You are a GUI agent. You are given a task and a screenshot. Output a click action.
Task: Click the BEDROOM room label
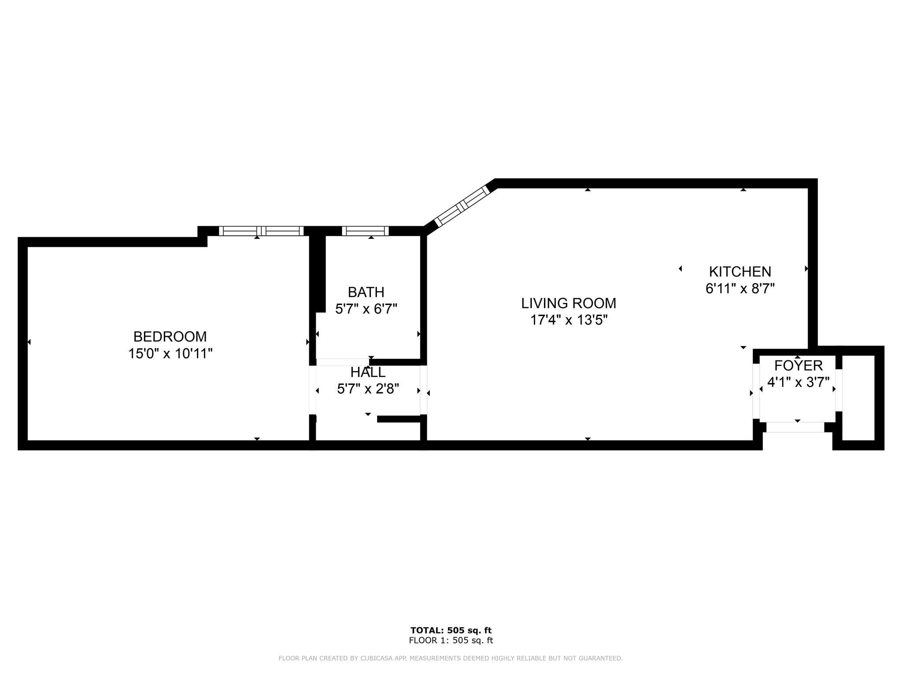click(170, 337)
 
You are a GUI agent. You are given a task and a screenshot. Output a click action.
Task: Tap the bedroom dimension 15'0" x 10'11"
click(170, 353)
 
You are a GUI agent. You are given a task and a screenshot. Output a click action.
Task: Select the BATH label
click(366, 292)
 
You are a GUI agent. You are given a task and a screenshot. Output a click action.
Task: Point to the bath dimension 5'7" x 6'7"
click(366, 309)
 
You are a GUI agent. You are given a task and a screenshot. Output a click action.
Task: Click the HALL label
click(368, 372)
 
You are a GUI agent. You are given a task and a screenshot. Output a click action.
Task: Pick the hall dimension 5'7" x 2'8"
click(368, 389)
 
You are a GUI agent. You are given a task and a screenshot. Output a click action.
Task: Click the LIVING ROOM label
click(569, 303)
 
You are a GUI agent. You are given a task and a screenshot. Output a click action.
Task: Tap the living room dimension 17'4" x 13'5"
click(569, 320)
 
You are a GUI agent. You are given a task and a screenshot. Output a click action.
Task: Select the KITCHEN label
click(740, 272)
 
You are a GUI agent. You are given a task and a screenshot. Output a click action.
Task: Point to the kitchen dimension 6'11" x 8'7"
click(740, 289)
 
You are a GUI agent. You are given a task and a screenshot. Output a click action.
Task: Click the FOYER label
click(798, 365)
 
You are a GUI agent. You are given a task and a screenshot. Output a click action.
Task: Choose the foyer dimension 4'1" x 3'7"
click(798, 382)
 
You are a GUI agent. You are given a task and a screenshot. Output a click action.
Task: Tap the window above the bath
click(365, 231)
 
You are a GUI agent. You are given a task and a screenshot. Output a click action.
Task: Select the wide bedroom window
click(261, 231)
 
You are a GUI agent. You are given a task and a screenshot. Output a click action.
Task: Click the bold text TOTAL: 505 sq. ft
click(451, 630)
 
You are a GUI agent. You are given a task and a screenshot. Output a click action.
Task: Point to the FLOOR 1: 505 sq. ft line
click(451, 641)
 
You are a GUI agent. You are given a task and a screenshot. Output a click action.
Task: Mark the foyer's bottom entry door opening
click(795, 427)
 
